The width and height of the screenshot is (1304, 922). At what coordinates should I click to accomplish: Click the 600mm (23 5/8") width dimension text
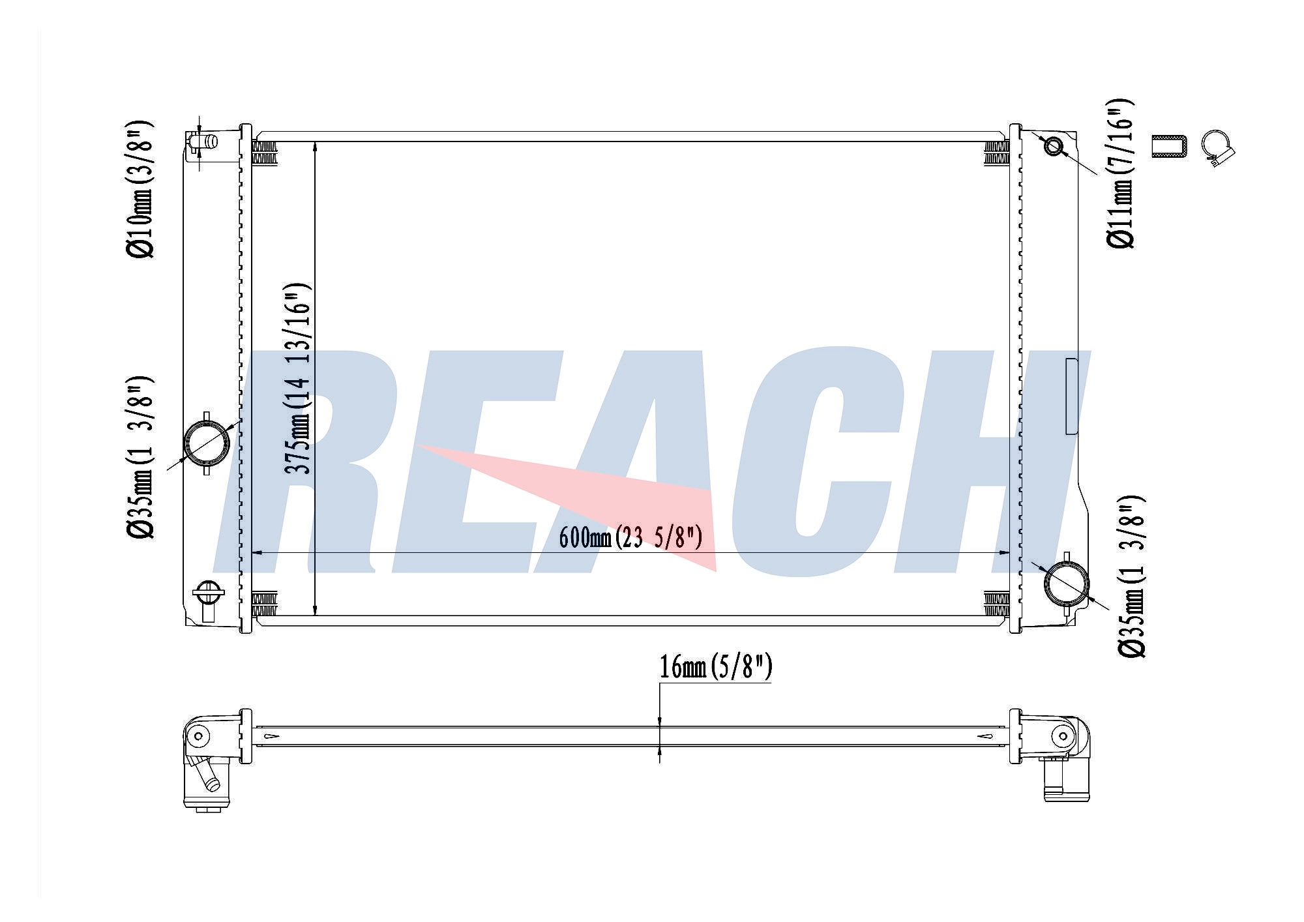[630, 538]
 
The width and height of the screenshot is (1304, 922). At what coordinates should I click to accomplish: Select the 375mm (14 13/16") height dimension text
[297, 379]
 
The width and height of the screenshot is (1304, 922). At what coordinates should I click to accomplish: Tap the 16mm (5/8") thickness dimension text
[716, 667]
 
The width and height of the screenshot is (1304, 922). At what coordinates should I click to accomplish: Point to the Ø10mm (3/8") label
[140, 189]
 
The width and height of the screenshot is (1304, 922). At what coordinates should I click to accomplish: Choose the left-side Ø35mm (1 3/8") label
[140, 457]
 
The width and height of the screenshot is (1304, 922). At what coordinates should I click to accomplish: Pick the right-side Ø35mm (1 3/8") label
[1131, 576]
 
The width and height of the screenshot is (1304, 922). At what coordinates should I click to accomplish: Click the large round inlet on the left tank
[207, 443]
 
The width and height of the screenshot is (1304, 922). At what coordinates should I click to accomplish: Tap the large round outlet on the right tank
[1067, 583]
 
